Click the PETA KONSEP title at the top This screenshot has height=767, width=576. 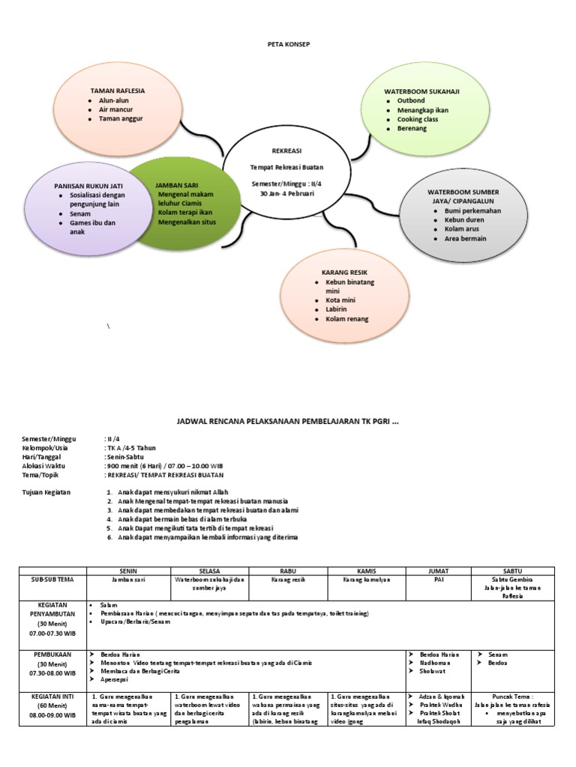289,45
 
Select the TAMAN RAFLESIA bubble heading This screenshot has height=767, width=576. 118,91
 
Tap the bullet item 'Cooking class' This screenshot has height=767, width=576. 418,119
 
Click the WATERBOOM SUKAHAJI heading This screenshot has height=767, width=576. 421,91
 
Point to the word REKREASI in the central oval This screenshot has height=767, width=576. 287,151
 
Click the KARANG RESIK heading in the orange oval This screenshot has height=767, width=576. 344,271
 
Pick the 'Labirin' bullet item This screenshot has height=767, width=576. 337,309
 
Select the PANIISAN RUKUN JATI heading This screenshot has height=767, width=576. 88,185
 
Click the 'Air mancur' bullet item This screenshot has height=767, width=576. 115,109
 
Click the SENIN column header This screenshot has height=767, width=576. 129,571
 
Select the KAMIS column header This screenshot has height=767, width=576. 366,571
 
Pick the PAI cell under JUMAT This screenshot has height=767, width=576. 438,579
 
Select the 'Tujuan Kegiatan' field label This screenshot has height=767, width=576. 46,491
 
